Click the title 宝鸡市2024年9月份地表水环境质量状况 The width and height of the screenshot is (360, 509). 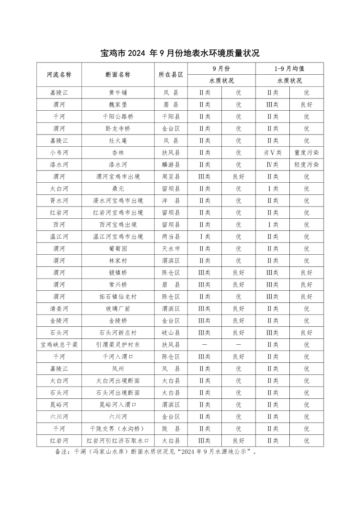[180, 54]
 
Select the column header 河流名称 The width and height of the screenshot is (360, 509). [59, 75]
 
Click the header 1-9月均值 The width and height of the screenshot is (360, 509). [289, 69]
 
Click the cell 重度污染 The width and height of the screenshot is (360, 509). [306, 153]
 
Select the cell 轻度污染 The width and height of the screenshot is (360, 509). [306, 165]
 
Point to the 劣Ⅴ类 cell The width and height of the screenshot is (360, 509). [272, 153]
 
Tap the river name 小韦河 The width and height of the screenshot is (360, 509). [59, 153]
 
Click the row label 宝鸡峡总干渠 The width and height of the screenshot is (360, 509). [59, 345]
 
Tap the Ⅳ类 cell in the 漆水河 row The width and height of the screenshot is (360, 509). [272, 165]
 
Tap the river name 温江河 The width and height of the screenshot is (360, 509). [59, 237]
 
